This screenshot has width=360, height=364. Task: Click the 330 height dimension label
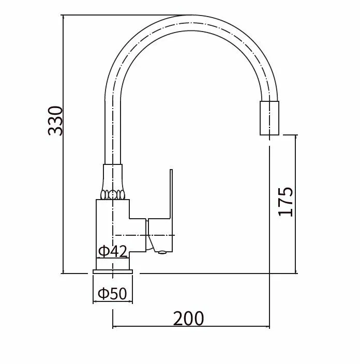coord(55,120)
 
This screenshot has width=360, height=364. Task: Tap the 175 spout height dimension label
coord(286,202)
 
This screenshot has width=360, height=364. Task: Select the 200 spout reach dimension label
coord(188,318)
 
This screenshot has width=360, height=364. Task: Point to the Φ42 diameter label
coord(113,251)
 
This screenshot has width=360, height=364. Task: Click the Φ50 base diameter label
coord(112,293)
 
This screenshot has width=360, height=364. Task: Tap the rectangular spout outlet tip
coord(269,118)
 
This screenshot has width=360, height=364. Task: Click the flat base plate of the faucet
coord(113,271)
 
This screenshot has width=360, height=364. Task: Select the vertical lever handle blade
coord(171,194)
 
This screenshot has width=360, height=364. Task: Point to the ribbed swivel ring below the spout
coord(113,194)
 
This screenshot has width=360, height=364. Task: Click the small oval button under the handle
coord(162,252)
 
